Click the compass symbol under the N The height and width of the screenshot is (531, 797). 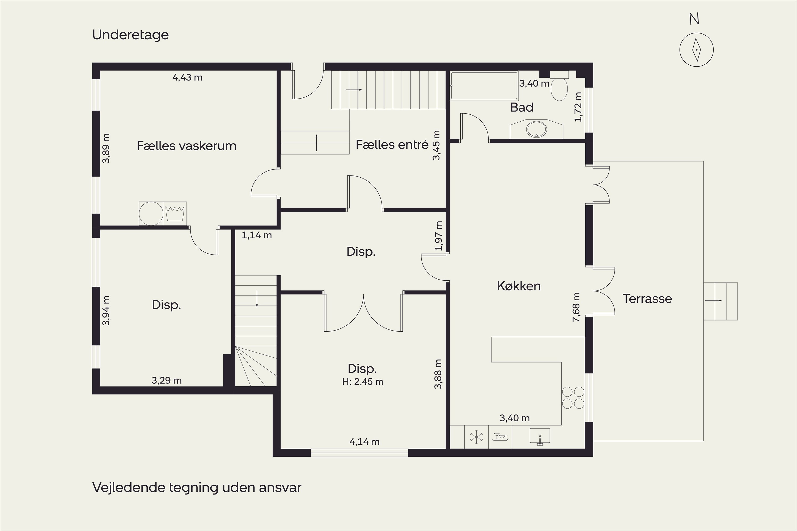pos(696,50)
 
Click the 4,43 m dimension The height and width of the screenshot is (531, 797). pos(187,78)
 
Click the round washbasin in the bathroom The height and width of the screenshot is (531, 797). pos(536,129)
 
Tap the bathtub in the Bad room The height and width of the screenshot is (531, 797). pos(485,86)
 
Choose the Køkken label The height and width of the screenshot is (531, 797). pos(519,286)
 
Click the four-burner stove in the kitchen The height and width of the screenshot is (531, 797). pos(573,397)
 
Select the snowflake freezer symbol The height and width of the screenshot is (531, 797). pos(476,437)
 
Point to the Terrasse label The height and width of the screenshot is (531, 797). pos(647,299)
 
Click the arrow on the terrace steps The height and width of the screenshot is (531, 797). pos(713,301)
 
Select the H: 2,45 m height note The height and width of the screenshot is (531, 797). pos(363,382)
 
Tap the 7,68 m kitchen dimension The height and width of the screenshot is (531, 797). pos(576,307)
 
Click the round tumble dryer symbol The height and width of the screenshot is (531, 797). pos(151,213)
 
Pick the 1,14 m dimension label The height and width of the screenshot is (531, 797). pos(257,235)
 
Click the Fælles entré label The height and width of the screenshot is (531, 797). pos(392,145)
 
